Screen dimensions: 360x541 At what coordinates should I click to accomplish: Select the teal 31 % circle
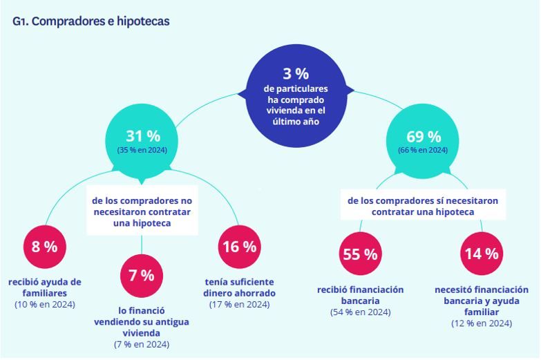tap(142, 141)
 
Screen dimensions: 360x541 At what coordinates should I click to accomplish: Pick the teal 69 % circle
tap(424, 141)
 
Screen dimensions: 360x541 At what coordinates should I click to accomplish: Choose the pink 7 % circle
tap(142, 275)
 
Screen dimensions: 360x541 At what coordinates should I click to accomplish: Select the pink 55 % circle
tap(361, 254)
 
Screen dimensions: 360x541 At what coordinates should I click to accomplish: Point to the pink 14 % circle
tap(481, 253)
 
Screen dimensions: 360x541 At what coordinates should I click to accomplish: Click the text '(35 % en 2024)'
tap(142, 150)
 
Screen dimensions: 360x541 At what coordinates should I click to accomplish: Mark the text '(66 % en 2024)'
tap(424, 150)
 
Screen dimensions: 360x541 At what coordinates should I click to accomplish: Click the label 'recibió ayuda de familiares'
tap(45, 287)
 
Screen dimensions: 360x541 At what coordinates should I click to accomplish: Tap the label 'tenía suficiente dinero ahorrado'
tap(239, 287)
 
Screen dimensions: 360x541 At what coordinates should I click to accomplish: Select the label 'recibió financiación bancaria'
tap(360, 295)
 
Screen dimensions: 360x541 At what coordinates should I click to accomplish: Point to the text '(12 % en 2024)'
tap(482, 323)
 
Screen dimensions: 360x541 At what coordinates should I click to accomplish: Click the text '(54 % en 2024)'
tap(360, 312)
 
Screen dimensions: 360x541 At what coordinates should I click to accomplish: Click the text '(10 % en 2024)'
tap(45, 304)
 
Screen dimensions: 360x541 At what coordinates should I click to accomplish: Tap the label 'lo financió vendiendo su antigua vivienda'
tap(142, 322)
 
